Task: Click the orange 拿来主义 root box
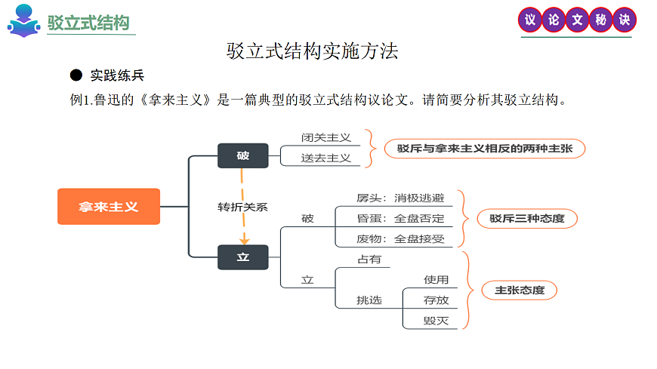click(x=109, y=206)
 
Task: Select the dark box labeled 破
click(x=242, y=156)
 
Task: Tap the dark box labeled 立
click(x=242, y=257)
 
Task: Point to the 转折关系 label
click(x=242, y=207)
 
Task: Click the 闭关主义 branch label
click(x=325, y=137)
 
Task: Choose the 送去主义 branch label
click(x=325, y=158)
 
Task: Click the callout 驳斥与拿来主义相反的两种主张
click(x=485, y=149)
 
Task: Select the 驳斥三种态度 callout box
click(x=527, y=219)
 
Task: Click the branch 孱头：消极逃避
click(x=400, y=198)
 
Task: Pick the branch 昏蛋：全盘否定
click(x=400, y=219)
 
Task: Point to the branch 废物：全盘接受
click(x=400, y=239)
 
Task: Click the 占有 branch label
click(x=369, y=260)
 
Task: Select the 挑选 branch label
click(x=369, y=300)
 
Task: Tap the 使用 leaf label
click(x=436, y=280)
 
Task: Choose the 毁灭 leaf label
click(x=436, y=321)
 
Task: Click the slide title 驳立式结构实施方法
click(x=313, y=51)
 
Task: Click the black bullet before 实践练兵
click(x=76, y=75)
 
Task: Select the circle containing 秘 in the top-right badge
click(x=600, y=20)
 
